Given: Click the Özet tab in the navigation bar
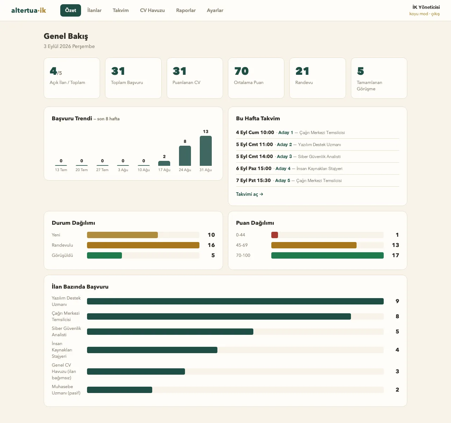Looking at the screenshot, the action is pos(70,10).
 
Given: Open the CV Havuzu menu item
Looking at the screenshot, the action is pos(152,10).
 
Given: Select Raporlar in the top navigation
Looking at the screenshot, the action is pos(186,10).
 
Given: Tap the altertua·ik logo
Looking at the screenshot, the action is pos(29,10).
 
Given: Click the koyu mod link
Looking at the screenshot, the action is pos(419,14).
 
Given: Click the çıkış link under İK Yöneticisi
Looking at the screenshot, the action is pos(435,14).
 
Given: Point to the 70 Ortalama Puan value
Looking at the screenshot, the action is pos(241,71).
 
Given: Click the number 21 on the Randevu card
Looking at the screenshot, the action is pos(302,71).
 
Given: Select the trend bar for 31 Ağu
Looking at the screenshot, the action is pos(205,151).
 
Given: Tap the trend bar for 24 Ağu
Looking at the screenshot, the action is pos(185,156).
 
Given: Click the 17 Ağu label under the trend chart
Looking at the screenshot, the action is pos(164,170).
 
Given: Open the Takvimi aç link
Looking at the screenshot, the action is pos(249,194).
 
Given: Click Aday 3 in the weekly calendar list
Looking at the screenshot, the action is pos(284,157).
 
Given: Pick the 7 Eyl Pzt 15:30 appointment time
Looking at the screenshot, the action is pos(253,180).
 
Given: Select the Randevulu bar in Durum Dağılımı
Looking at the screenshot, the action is pos(143,245).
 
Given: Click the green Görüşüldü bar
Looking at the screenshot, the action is pos(104,255).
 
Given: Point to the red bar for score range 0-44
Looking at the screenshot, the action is pos(274,235).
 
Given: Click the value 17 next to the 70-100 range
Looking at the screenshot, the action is pos(395,255).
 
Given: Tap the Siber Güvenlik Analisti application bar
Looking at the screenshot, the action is pos(170,331).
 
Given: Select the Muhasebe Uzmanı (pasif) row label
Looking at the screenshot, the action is pos(66,389).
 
